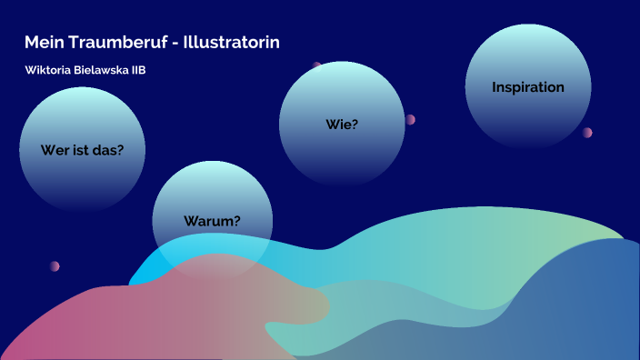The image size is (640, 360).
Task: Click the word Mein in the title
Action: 42,43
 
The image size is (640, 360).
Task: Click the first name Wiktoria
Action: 51,71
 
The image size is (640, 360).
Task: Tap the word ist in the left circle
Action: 81,150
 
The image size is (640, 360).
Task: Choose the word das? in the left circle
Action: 108,150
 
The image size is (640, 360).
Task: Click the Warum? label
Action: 212,220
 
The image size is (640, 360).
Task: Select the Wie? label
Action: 342,125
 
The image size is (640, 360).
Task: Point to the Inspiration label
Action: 528,87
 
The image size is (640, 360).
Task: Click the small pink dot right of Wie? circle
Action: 410,119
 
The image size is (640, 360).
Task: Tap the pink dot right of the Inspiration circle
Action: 587,132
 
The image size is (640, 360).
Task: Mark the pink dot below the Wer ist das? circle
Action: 55,266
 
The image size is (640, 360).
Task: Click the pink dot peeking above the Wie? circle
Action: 317,65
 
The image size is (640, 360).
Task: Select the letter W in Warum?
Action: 191,220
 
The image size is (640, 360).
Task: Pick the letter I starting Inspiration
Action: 495,87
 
